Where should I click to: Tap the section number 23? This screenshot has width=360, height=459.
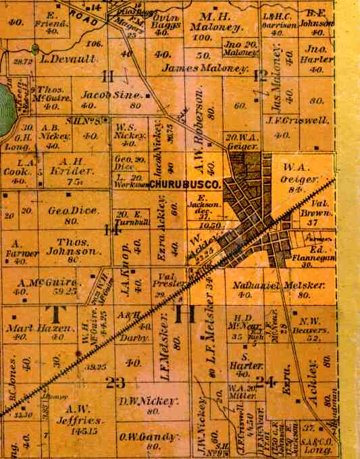pyautogui.click(x=115, y=383)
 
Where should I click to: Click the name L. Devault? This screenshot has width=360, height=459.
pyautogui.click(x=69, y=59)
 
